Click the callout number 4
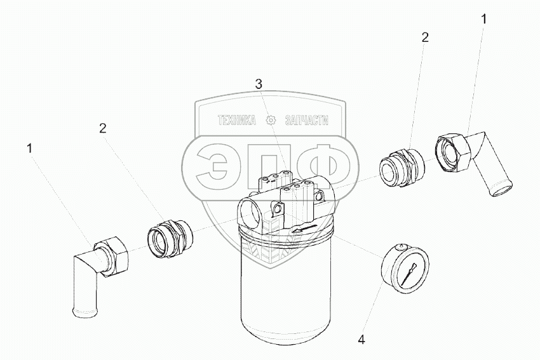tap(361, 340)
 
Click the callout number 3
tap(259, 84)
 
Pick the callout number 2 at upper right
tap(424, 37)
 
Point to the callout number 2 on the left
tap(102, 128)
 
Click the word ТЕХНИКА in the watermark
tap(236, 121)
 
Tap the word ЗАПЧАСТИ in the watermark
tap(307, 121)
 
